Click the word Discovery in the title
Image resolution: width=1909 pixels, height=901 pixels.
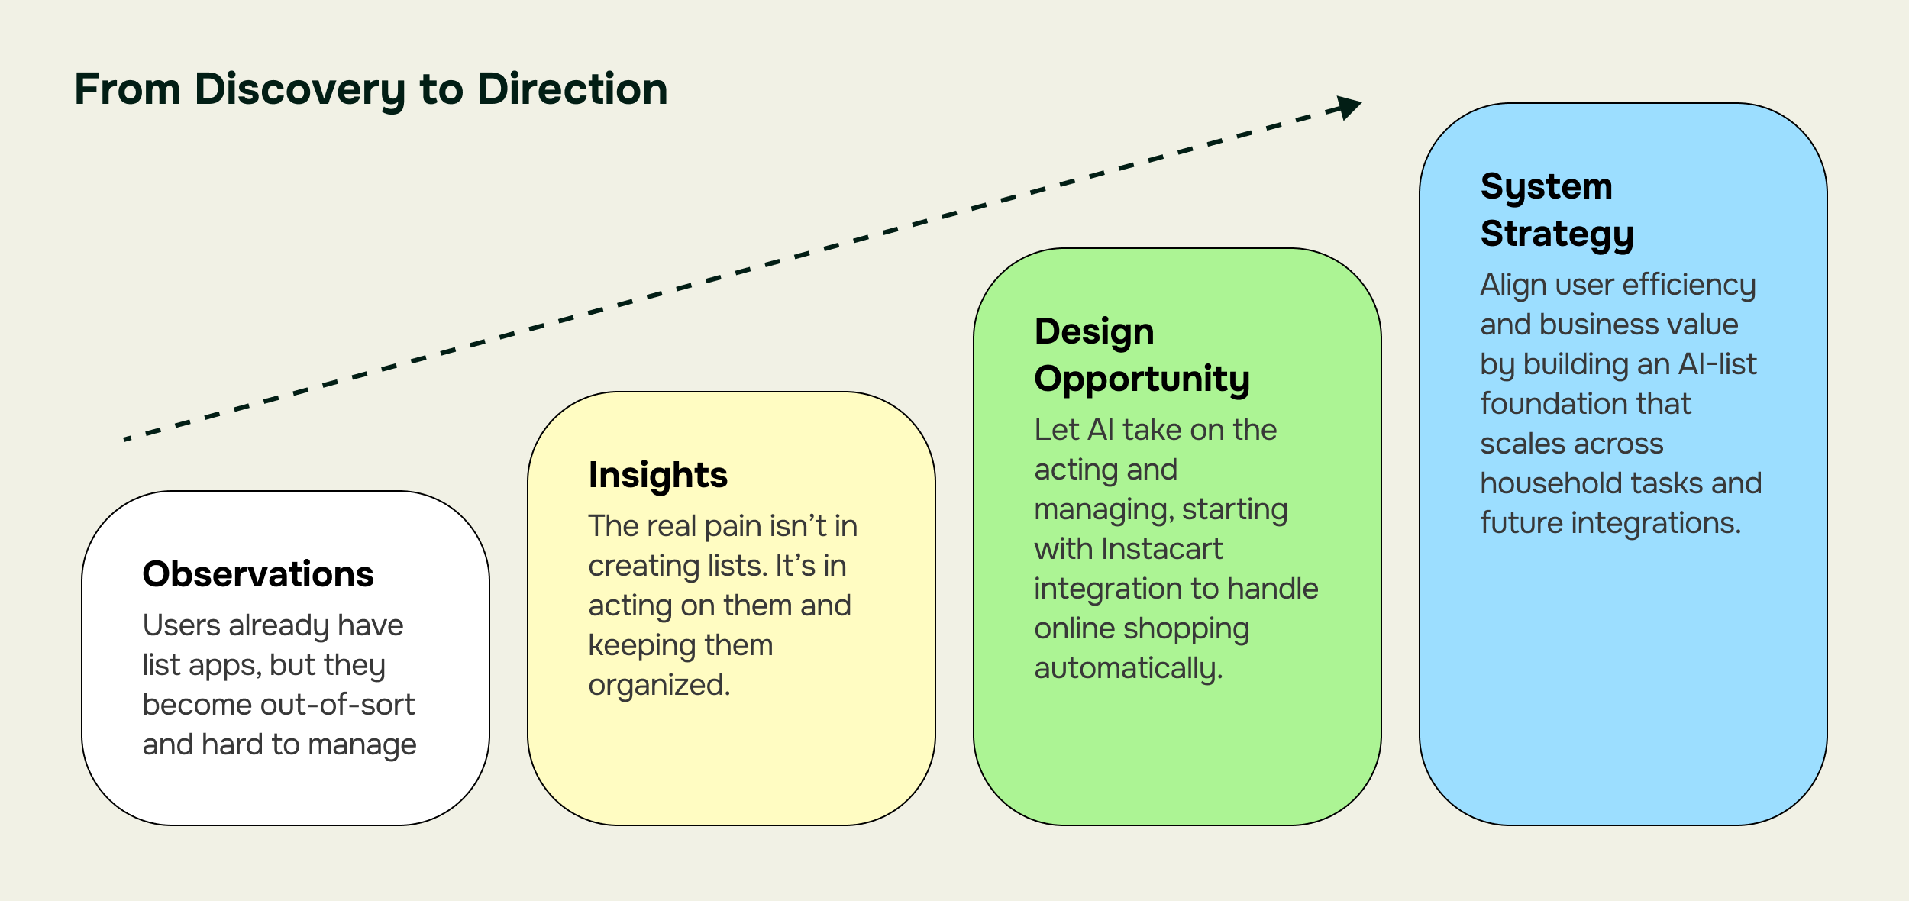(300, 89)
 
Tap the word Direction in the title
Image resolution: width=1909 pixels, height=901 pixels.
(572, 89)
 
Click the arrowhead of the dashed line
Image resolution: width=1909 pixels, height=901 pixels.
(1350, 107)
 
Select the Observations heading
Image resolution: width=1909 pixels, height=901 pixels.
(258, 574)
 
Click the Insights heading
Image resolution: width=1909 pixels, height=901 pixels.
(657, 475)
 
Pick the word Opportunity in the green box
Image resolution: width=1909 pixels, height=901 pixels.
(1142, 379)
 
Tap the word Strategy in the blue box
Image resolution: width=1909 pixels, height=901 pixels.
(1556, 234)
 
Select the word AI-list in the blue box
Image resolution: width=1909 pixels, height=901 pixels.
(1717, 364)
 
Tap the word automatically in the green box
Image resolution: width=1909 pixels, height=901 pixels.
(1127, 668)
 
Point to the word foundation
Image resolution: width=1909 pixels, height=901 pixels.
(1585, 404)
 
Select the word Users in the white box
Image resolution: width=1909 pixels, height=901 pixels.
(181, 625)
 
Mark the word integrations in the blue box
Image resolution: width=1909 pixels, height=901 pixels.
(1655, 523)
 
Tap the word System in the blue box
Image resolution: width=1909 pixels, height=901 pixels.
(1546, 186)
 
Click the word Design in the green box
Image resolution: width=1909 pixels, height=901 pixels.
(1093, 331)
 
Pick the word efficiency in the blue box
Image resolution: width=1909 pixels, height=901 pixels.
(1689, 285)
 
